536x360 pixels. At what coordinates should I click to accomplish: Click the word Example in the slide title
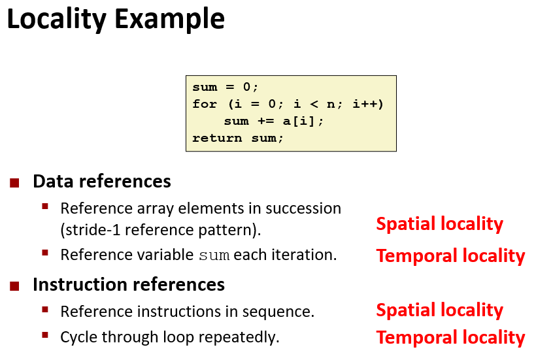(169, 20)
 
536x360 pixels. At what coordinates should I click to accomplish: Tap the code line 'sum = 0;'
(225, 87)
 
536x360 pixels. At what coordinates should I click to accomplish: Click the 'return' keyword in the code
(217, 138)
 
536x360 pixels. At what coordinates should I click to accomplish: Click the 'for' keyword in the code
(205, 103)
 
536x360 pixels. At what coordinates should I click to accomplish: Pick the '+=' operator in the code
(265, 121)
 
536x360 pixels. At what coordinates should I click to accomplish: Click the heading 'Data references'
(102, 181)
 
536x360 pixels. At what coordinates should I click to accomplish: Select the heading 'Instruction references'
(129, 284)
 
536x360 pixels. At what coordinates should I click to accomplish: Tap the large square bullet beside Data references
(14, 183)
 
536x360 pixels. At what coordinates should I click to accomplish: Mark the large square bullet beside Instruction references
(14, 286)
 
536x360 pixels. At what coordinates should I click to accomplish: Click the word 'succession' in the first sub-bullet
(303, 208)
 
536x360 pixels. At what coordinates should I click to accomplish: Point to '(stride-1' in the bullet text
(90, 230)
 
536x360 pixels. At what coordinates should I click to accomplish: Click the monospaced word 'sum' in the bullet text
(214, 255)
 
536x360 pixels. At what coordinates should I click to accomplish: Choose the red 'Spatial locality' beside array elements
(440, 224)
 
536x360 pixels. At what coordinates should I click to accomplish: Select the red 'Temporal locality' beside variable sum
(450, 256)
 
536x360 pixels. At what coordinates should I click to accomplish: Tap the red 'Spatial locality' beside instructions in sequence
(440, 311)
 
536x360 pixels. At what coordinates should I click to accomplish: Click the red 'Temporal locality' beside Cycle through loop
(450, 338)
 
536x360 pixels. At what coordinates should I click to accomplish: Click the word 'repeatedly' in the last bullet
(239, 337)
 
